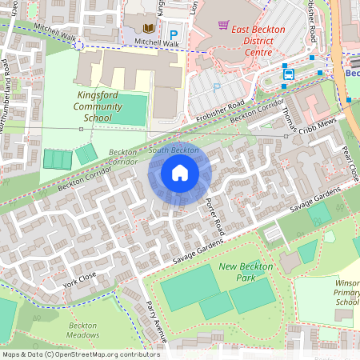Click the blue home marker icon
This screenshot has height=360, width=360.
[x=180, y=173]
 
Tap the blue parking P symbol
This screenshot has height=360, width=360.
[x=174, y=34]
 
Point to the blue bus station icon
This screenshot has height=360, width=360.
[x=288, y=74]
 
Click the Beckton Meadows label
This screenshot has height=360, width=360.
[x=82, y=331]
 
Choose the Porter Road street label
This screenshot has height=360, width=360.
[x=216, y=217]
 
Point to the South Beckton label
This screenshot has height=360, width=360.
[x=174, y=150]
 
